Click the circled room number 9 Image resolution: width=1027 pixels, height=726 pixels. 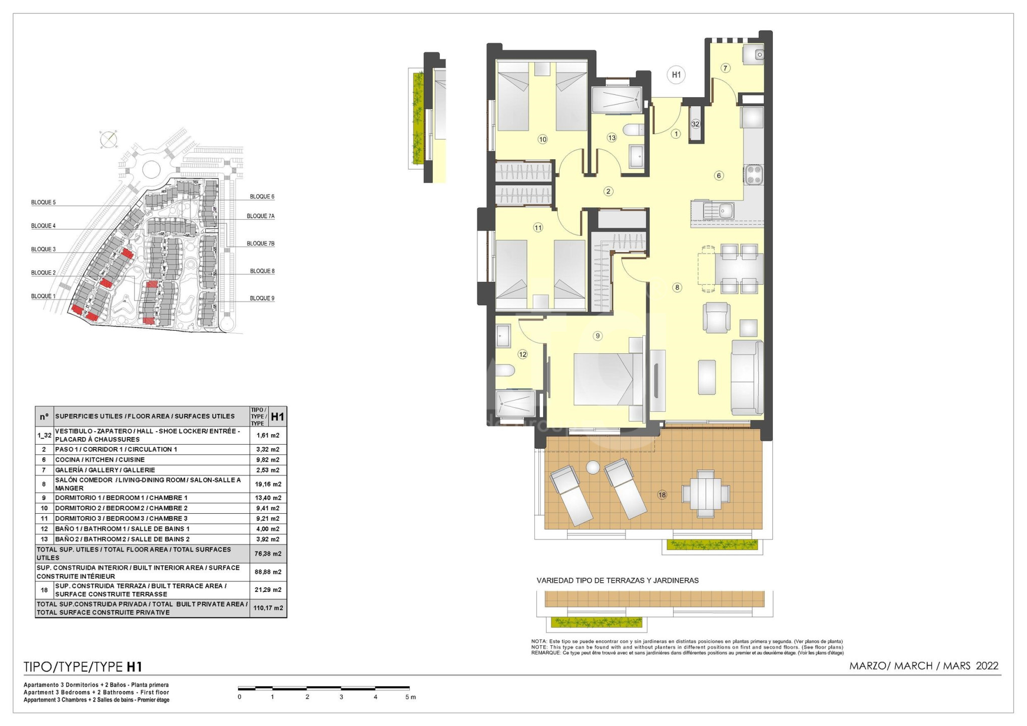[597, 336]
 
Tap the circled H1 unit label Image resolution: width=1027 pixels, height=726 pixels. [676, 75]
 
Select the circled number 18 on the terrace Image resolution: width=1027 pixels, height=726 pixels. [662, 495]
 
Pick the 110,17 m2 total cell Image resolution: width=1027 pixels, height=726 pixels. [268, 608]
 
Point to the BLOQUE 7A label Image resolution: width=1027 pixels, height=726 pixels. [261, 216]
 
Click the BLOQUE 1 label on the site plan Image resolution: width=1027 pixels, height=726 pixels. [43, 296]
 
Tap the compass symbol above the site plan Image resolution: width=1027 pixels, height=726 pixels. [108, 139]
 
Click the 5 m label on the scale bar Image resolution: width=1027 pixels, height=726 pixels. [411, 697]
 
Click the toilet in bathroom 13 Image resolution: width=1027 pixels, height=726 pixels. [634, 130]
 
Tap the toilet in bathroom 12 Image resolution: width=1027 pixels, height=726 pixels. [505, 372]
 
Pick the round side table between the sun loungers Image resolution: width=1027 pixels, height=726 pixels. [593, 468]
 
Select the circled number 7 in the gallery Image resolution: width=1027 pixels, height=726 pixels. [726, 68]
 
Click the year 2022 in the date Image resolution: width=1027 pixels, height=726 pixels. [987, 666]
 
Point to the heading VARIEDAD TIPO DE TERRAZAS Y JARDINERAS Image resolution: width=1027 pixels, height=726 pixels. [618, 581]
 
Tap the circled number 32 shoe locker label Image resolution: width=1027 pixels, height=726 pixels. [696, 124]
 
